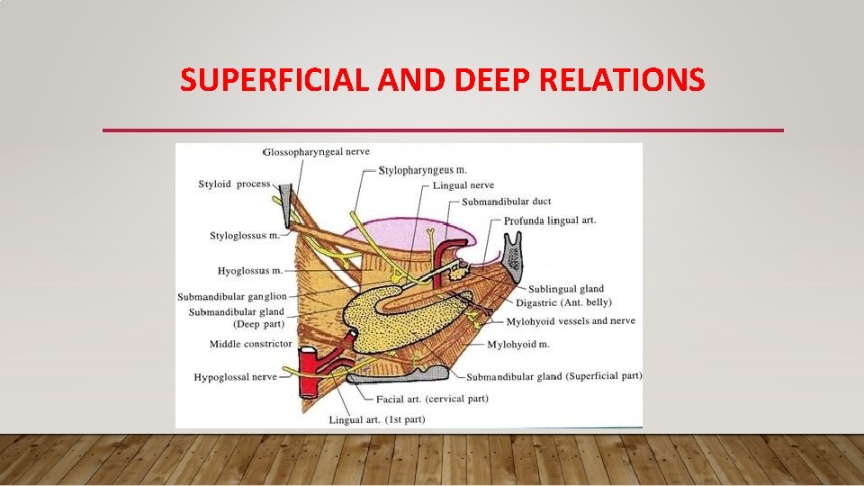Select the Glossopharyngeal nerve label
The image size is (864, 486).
[x=316, y=152]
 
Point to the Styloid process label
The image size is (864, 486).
[x=234, y=184]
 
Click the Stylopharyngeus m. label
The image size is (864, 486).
[x=423, y=170]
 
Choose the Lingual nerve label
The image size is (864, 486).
[x=463, y=185]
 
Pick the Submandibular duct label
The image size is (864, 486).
[x=507, y=202]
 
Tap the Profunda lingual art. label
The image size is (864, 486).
[x=550, y=220]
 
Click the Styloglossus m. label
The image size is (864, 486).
[x=244, y=237]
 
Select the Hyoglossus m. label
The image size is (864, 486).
[x=250, y=270]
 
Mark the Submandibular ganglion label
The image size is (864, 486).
[x=231, y=297]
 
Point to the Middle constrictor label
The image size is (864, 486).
[x=250, y=344]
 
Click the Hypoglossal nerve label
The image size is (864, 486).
[x=235, y=377]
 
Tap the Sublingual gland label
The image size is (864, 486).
[x=566, y=290]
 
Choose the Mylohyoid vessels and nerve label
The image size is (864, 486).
[x=571, y=321]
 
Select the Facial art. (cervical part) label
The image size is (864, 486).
[x=433, y=399]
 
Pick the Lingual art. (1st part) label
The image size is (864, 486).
[x=370, y=420]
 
